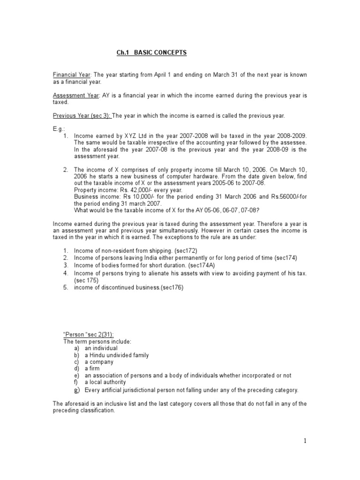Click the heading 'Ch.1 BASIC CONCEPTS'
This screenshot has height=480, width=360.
(x=151, y=52)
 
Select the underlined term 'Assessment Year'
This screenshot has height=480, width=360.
(x=75, y=95)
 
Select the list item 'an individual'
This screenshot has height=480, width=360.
(x=101, y=348)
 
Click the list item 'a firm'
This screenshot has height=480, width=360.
(x=94, y=369)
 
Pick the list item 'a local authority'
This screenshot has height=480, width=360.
(x=105, y=382)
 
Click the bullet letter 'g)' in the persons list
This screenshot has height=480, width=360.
(x=77, y=390)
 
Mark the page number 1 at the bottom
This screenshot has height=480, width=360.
(x=304, y=440)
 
